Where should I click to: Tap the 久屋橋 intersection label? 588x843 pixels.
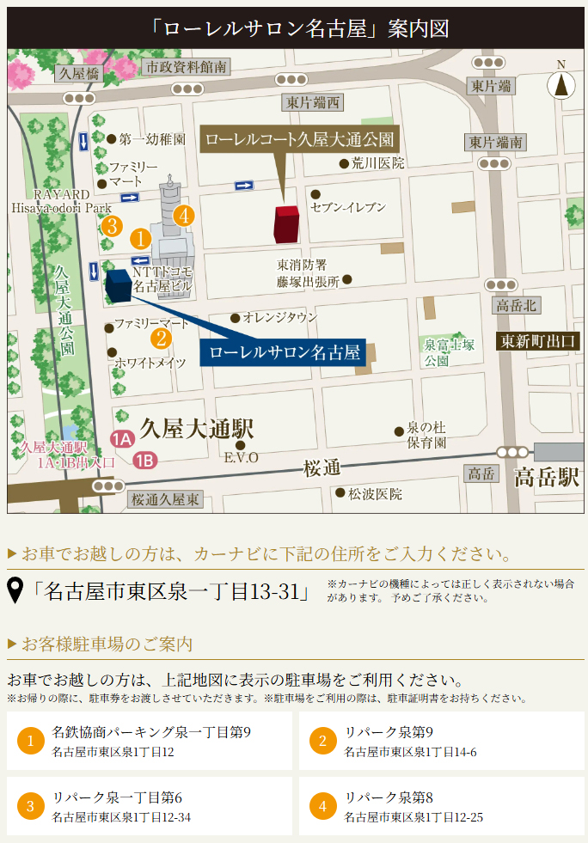79,74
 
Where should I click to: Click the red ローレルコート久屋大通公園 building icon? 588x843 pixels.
286,224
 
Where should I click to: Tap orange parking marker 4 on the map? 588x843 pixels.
183,216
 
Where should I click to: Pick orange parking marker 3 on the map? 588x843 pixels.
110,227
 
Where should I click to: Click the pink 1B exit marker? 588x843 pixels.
145,461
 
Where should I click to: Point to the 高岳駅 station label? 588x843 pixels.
547,478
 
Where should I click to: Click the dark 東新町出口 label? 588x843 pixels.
540,341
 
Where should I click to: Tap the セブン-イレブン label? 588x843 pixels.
348,207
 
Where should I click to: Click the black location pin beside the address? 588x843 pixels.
15,591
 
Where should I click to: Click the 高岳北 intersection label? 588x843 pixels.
516,305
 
